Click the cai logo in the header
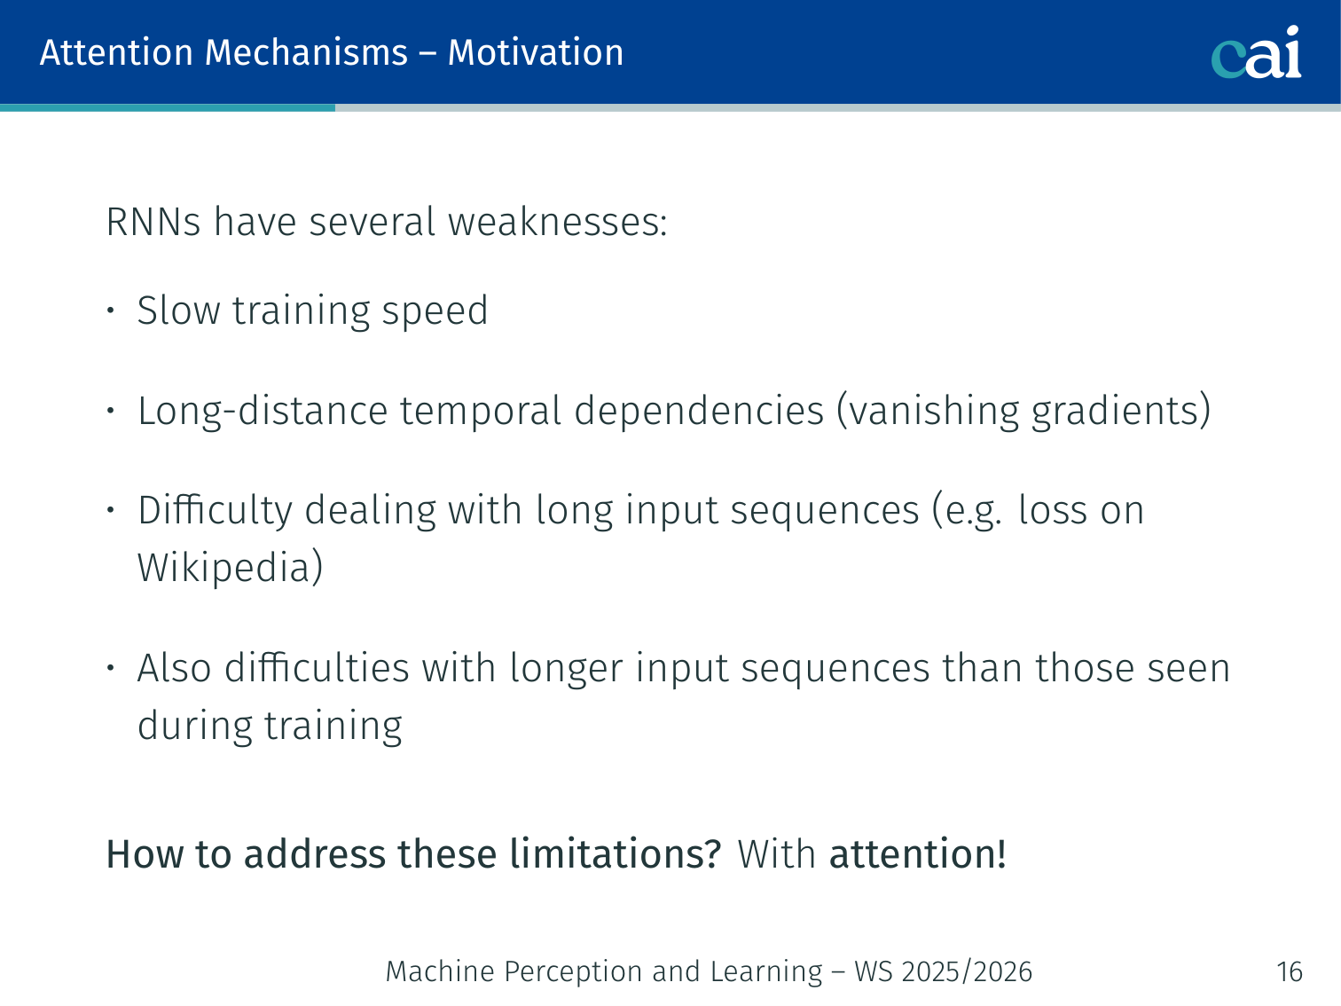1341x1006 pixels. click(x=1256, y=52)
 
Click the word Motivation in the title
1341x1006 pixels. click(x=535, y=52)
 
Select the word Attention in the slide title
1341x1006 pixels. click(x=117, y=52)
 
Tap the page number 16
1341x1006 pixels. click(x=1289, y=971)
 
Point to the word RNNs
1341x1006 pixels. click(x=153, y=221)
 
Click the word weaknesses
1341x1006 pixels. click(x=557, y=221)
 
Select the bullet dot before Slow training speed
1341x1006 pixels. click(x=110, y=310)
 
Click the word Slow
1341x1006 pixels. click(x=178, y=310)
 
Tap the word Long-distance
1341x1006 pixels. click(x=263, y=411)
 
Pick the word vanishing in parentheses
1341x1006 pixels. click(x=934, y=411)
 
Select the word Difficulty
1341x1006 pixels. click(x=215, y=510)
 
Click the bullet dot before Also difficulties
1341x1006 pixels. click(x=110, y=668)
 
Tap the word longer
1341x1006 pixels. click(x=567, y=668)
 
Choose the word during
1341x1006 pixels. click(x=195, y=725)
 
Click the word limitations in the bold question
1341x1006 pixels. click(x=616, y=853)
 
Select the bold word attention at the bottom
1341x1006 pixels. click(x=917, y=853)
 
